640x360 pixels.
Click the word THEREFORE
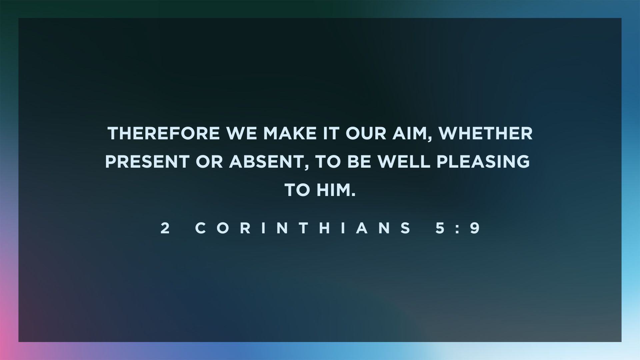164,133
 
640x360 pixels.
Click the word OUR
366,133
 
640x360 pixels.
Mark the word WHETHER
485,133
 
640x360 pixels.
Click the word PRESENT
147,162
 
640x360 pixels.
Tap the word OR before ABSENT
209,162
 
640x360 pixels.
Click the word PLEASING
483,162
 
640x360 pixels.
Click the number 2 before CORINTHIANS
165,228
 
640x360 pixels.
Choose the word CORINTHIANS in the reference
303,228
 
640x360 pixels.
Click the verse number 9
475,228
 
